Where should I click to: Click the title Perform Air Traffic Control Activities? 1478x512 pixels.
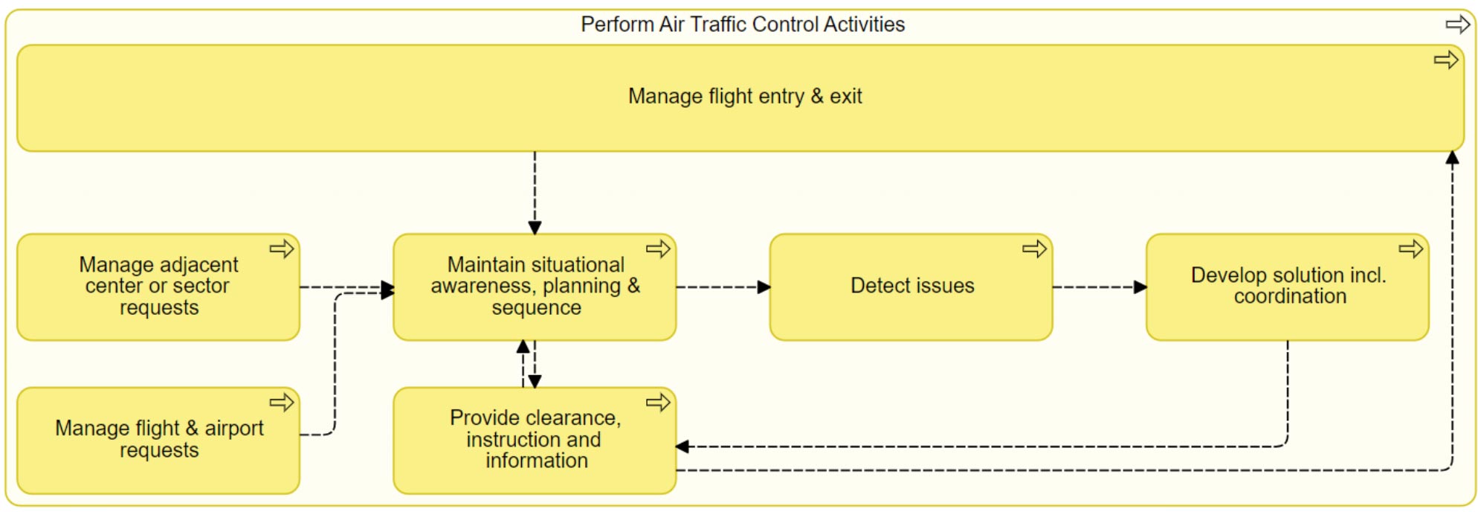tap(743, 25)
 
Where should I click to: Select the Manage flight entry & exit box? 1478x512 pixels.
tap(740, 98)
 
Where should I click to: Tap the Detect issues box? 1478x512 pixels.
tap(911, 287)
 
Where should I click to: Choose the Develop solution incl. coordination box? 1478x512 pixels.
tap(1288, 287)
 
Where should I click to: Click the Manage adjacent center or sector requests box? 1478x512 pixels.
tap(158, 287)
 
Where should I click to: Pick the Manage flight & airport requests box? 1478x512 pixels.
tap(158, 441)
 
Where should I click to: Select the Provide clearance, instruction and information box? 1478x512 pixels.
tap(535, 441)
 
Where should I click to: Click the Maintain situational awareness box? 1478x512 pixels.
tap(535, 287)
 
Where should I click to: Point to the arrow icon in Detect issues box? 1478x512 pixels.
tap(1034, 249)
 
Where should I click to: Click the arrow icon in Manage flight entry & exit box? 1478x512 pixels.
tap(1446, 60)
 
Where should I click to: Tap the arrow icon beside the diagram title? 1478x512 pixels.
tap(1458, 25)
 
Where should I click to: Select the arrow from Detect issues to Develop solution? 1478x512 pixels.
tap(1100, 287)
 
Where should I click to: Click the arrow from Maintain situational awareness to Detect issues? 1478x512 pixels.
tap(723, 287)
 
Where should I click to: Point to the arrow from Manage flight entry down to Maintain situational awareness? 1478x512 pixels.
tap(535, 193)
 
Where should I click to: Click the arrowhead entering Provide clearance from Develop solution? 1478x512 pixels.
tap(682, 447)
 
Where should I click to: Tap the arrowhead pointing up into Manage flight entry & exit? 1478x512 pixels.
tap(1452, 158)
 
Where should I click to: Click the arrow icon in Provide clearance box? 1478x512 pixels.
tap(658, 403)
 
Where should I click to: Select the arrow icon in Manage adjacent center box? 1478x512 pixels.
tap(282, 249)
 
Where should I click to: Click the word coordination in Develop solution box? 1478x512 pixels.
tap(1290, 296)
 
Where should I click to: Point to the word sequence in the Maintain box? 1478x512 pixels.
tap(536, 308)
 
